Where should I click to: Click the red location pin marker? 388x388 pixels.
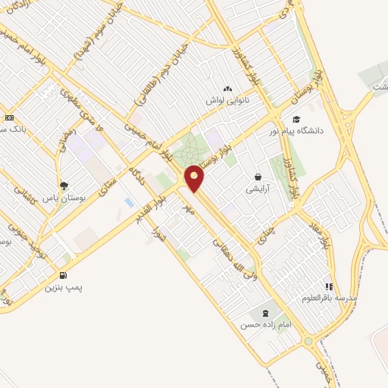click(x=195, y=179)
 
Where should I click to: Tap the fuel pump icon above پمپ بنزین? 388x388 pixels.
click(x=62, y=274)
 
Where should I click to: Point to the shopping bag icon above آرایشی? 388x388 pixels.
click(x=258, y=177)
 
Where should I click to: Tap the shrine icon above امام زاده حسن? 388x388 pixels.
click(x=264, y=312)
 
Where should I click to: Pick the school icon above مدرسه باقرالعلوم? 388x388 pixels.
click(x=328, y=286)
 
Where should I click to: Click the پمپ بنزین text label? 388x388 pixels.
click(x=61, y=287)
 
